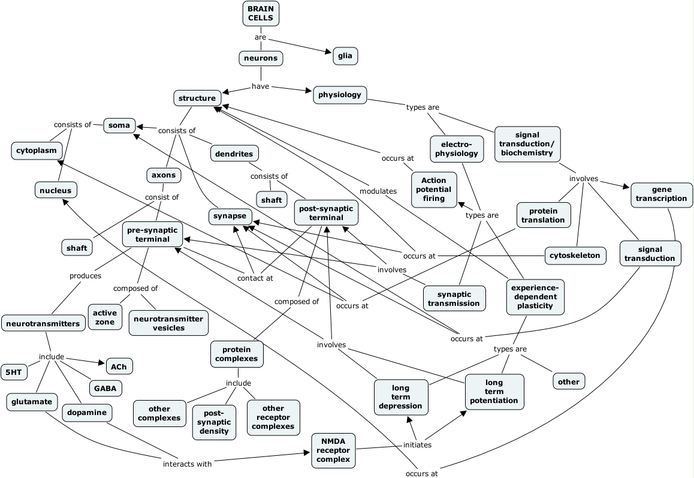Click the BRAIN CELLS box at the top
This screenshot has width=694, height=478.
(x=261, y=13)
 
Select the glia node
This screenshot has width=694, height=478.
(x=345, y=56)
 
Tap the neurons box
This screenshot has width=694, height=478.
(x=261, y=58)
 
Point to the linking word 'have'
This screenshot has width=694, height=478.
(x=261, y=86)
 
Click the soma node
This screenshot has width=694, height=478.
(x=119, y=125)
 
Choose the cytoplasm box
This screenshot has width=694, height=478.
(x=37, y=151)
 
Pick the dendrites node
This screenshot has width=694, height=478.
(x=234, y=154)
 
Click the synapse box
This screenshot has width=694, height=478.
(x=230, y=217)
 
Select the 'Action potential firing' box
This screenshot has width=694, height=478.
(x=434, y=190)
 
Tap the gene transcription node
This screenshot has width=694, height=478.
(x=662, y=194)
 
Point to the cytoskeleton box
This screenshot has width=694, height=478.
(x=575, y=255)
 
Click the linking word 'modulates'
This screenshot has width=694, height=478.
(x=378, y=191)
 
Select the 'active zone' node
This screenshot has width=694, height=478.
(x=105, y=318)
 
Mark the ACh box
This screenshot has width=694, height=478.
(x=119, y=365)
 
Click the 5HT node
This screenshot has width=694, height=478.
(x=13, y=372)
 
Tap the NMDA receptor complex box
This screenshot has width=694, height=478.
(x=334, y=450)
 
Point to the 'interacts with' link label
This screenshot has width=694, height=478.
(x=188, y=463)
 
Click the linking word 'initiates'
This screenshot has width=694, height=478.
(x=417, y=445)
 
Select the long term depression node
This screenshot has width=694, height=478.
(x=401, y=397)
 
